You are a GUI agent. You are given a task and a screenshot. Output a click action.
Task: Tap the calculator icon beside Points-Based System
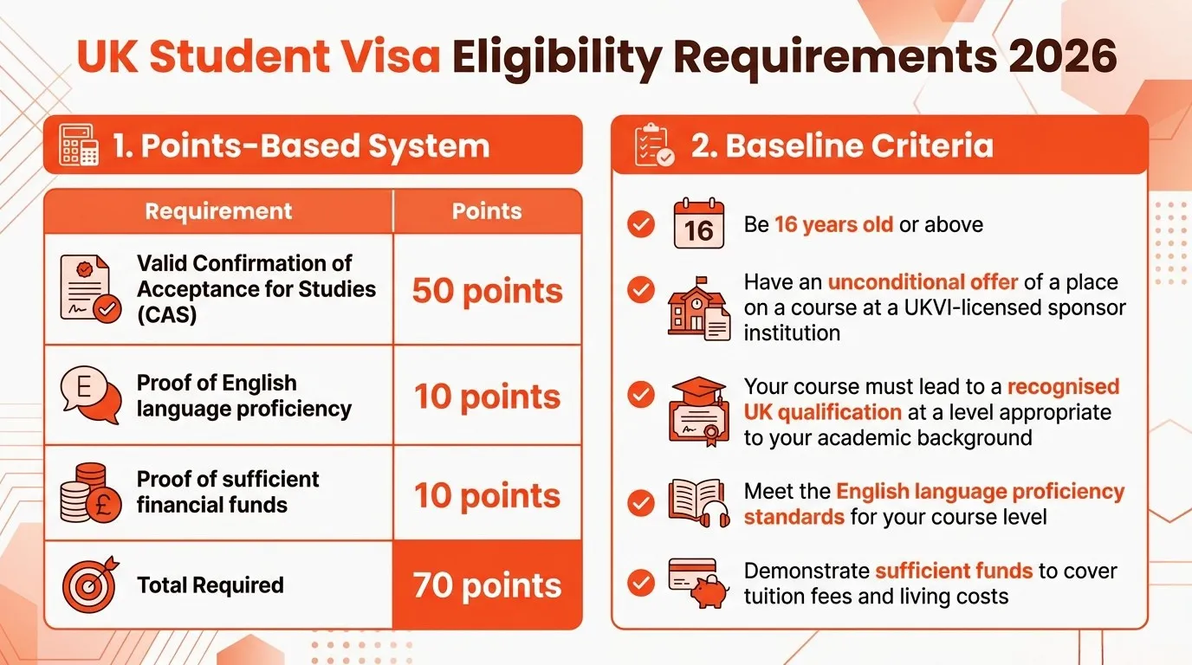pos(79,145)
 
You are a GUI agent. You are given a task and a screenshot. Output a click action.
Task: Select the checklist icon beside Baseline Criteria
pos(654,145)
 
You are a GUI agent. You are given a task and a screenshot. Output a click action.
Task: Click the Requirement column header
pos(218,211)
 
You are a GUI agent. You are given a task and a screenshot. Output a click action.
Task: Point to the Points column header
pos(487,211)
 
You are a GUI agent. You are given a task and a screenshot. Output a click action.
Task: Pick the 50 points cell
pos(487,291)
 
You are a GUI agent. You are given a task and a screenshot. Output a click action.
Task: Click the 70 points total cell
pos(487,585)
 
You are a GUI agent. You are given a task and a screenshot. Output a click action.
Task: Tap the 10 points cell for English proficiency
pos(487,397)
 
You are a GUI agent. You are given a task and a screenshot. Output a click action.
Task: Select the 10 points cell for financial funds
pos(487,495)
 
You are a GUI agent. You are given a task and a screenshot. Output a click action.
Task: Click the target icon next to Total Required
pos(89,584)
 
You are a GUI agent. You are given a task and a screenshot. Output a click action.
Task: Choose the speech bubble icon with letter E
pos(89,395)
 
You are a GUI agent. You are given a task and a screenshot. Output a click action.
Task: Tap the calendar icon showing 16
pos(698,224)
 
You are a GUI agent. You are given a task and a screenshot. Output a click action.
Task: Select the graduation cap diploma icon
pos(698,410)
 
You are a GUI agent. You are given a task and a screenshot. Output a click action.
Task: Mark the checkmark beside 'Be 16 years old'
pos(641,225)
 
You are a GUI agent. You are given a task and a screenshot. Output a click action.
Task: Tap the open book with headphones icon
pos(698,502)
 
